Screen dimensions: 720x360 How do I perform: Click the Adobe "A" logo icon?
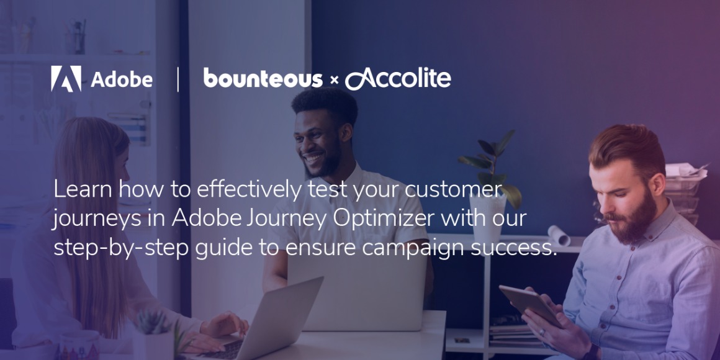[66, 79]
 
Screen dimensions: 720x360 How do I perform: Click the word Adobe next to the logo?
[122, 79]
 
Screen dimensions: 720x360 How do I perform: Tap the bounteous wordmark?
[263, 79]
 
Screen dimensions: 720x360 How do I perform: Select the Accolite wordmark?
[398, 79]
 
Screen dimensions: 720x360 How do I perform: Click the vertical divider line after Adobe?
[178, 79]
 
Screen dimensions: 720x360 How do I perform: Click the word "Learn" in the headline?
[82, 190]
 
